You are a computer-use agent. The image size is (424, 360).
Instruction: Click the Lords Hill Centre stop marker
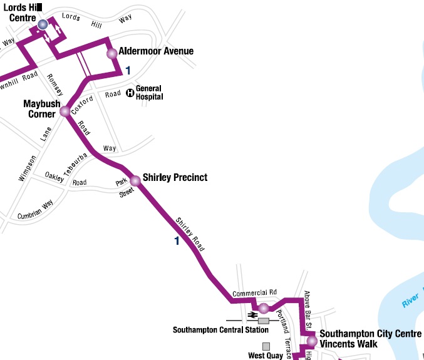point(43,24)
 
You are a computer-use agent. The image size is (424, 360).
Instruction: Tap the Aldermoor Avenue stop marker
point(112,53)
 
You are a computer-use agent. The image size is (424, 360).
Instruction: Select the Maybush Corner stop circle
point(65,112)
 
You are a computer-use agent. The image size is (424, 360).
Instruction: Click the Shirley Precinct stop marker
point(135,181)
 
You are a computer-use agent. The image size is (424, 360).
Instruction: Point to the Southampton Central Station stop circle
point(264,308)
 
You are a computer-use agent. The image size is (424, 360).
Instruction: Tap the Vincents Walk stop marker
point(311,341)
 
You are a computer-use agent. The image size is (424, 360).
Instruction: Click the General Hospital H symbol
point(130,93)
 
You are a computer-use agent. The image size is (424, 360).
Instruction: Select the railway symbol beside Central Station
point(252,314)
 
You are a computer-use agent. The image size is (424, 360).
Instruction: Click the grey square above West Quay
point(266,346)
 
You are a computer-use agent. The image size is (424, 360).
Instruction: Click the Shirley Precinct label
point(175,178)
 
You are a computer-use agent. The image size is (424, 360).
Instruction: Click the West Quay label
point(266,356)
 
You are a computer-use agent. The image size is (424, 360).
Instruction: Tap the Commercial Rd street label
point(254,293)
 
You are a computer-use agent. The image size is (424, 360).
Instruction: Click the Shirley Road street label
point(190,231)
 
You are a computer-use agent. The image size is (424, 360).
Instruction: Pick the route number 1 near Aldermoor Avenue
point(128,70)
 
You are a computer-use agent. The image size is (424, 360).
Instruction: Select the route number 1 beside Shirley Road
point(177,241)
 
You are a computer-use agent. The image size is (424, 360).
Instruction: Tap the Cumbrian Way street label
point(36,208)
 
